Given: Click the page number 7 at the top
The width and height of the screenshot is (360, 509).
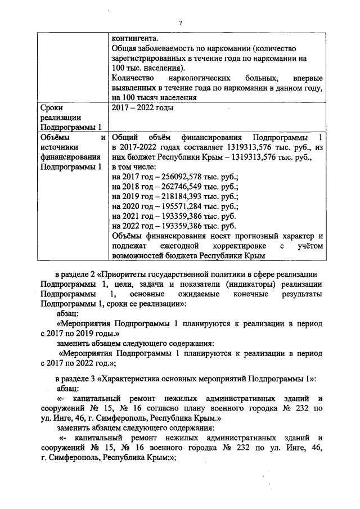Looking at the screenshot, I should point(180,22).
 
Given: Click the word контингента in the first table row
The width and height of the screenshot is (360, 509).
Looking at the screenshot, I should point(135,38).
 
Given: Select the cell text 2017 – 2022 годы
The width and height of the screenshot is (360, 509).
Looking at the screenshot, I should point(143,107).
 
